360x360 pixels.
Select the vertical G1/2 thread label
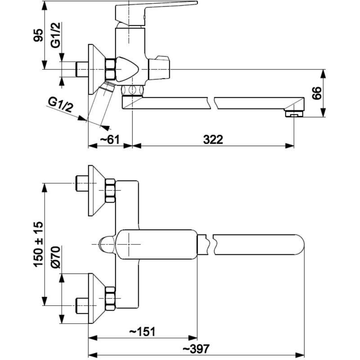tap(56, 35)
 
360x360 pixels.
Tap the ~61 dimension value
tap(110, 139)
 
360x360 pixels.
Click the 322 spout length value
tap(213, 139)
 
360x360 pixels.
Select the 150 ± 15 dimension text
tap(38, 244)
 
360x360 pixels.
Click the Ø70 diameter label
tap(56, 257)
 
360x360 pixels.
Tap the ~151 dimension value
tap(142, 332)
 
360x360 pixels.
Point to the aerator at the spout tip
tap(294, 114)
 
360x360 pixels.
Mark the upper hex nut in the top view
tap(110, 191)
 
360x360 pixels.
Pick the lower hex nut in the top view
tap(110, 298)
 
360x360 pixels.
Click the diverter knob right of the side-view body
tap(159, 68)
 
